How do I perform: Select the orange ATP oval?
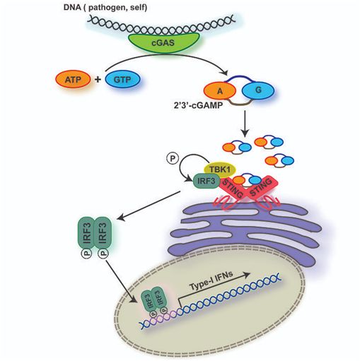(73, 80)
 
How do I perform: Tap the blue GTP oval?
(122, 80)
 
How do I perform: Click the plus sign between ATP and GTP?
(98, 79)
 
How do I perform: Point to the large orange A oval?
(220, 91)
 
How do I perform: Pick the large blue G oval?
(258, 90)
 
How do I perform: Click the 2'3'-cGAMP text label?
(198, 105)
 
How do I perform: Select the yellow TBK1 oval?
(220, 170)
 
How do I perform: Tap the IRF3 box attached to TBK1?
(207, 182)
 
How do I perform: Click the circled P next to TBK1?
(173, 158)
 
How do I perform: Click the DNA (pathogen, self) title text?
(105, 7)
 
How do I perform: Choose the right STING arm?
(262, 188)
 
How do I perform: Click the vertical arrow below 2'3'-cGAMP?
(245, 124)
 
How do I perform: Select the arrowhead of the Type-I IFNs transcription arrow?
(246, 275)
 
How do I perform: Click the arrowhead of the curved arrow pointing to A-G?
(224, 73)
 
